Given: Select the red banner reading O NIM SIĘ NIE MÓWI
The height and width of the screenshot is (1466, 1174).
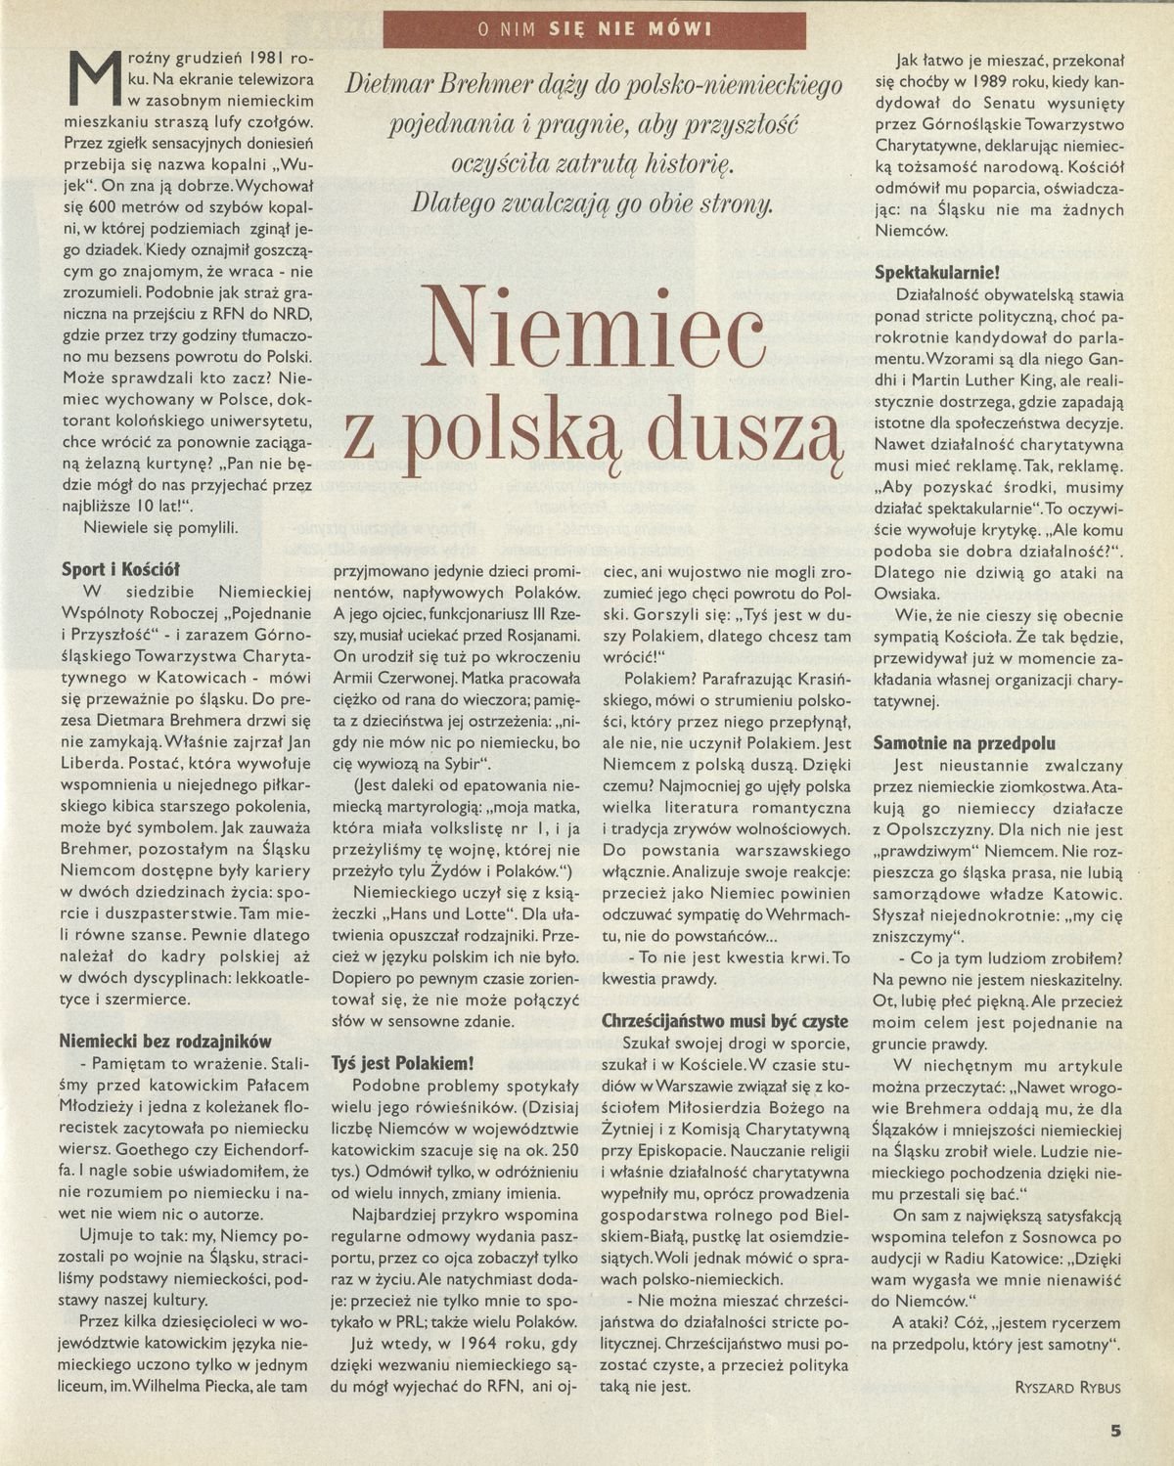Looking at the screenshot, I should (x=595, y=29).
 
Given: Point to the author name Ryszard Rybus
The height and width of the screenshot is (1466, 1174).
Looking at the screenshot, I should (x=1068, y=1387).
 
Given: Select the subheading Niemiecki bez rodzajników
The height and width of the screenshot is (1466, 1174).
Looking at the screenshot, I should (x=165, y=1042).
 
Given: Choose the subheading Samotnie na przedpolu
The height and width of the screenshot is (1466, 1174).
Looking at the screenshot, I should (x=964, y=743).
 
